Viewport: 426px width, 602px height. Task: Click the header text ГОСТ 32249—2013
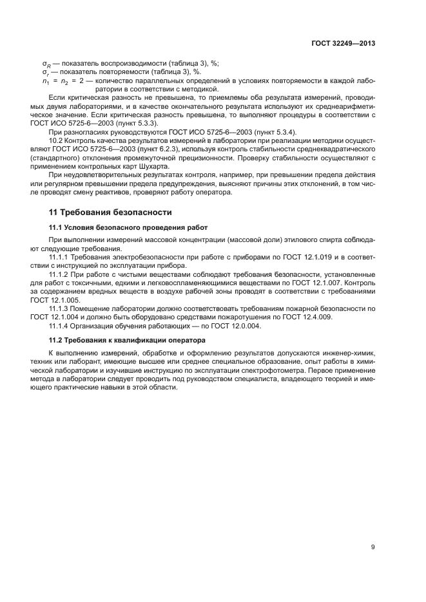point(342,44)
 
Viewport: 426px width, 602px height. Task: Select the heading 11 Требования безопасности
point(110,212)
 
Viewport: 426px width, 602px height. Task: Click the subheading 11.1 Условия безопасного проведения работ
point(128,227)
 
